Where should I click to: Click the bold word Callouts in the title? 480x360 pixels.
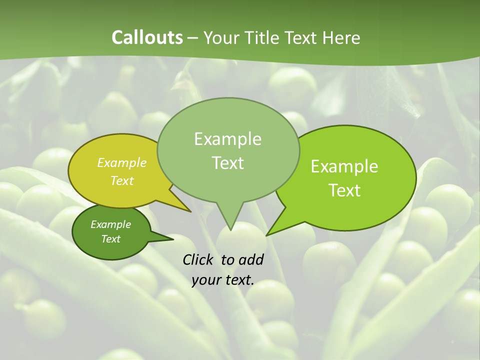[x=147, y=37]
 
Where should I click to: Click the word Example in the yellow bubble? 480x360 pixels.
[x=122, y=162]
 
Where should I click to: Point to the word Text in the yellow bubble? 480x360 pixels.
[x=122, y=180]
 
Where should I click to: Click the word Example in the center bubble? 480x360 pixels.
[x=227, y=139]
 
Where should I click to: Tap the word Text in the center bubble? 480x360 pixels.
[x=227, y=163]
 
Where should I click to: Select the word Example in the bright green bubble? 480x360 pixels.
[x=344, y=166]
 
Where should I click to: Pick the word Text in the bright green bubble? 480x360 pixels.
[x=344, y=190]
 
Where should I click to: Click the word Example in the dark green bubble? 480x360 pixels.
[x=110, y=224]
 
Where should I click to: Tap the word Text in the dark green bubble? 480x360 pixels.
[x=110, y=239]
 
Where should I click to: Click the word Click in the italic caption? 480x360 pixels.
[x=199, y=259]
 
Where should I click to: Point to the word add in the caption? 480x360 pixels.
[x=250, y=259]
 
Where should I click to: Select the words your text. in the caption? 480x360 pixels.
[x=222, y=280]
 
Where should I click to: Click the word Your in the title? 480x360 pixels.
[x=221, y=37]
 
